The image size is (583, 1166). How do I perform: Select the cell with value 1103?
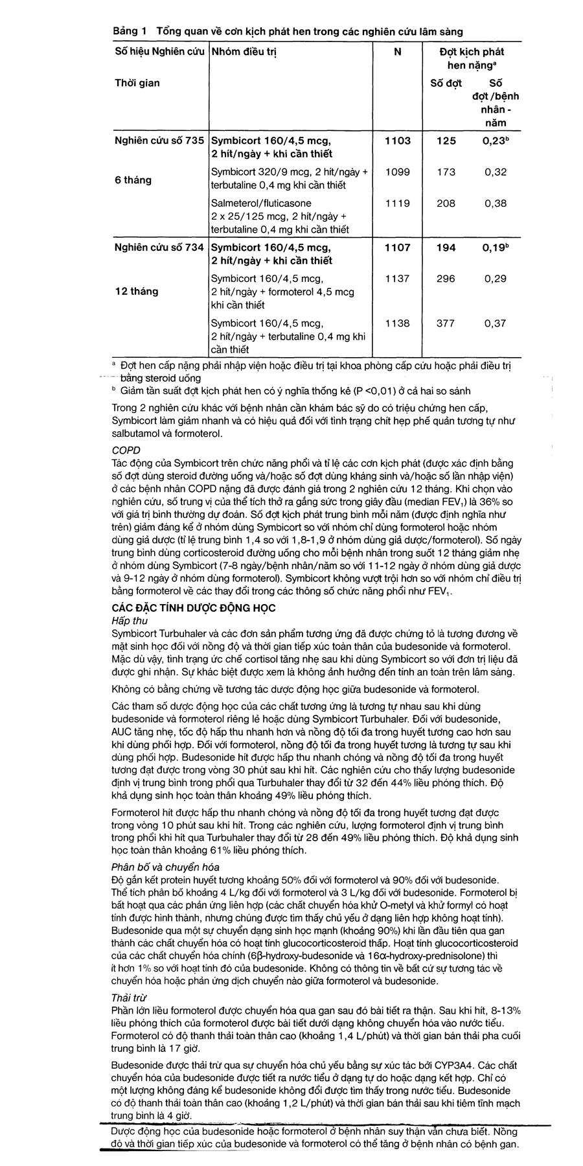(397, 141)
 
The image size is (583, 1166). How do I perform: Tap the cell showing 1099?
(397, 172)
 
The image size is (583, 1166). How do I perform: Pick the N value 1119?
(397, 203)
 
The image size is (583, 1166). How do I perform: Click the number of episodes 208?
(445, 203)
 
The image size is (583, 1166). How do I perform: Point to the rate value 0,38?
(495, 203)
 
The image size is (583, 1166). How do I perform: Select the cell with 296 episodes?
(445, 279)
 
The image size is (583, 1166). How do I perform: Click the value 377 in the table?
(445, 323)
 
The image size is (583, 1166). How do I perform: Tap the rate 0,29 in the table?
(495, 279)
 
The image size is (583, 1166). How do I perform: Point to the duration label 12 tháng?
(136, 291)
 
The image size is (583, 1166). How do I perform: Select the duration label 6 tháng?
(133, 180)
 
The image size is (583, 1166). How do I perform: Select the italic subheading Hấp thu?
(130, 620)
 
